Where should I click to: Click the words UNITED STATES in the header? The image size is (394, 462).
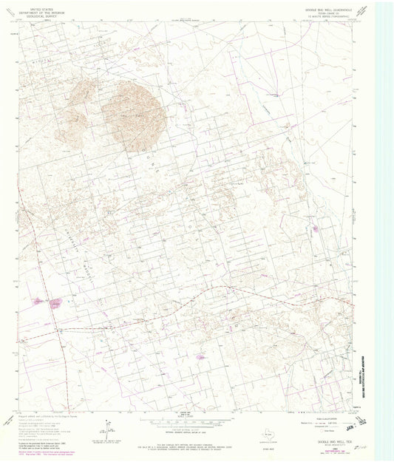tap(42, 6)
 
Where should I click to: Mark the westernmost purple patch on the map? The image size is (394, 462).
tap(38, 302)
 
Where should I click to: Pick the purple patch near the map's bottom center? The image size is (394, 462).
tap(200, 356)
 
